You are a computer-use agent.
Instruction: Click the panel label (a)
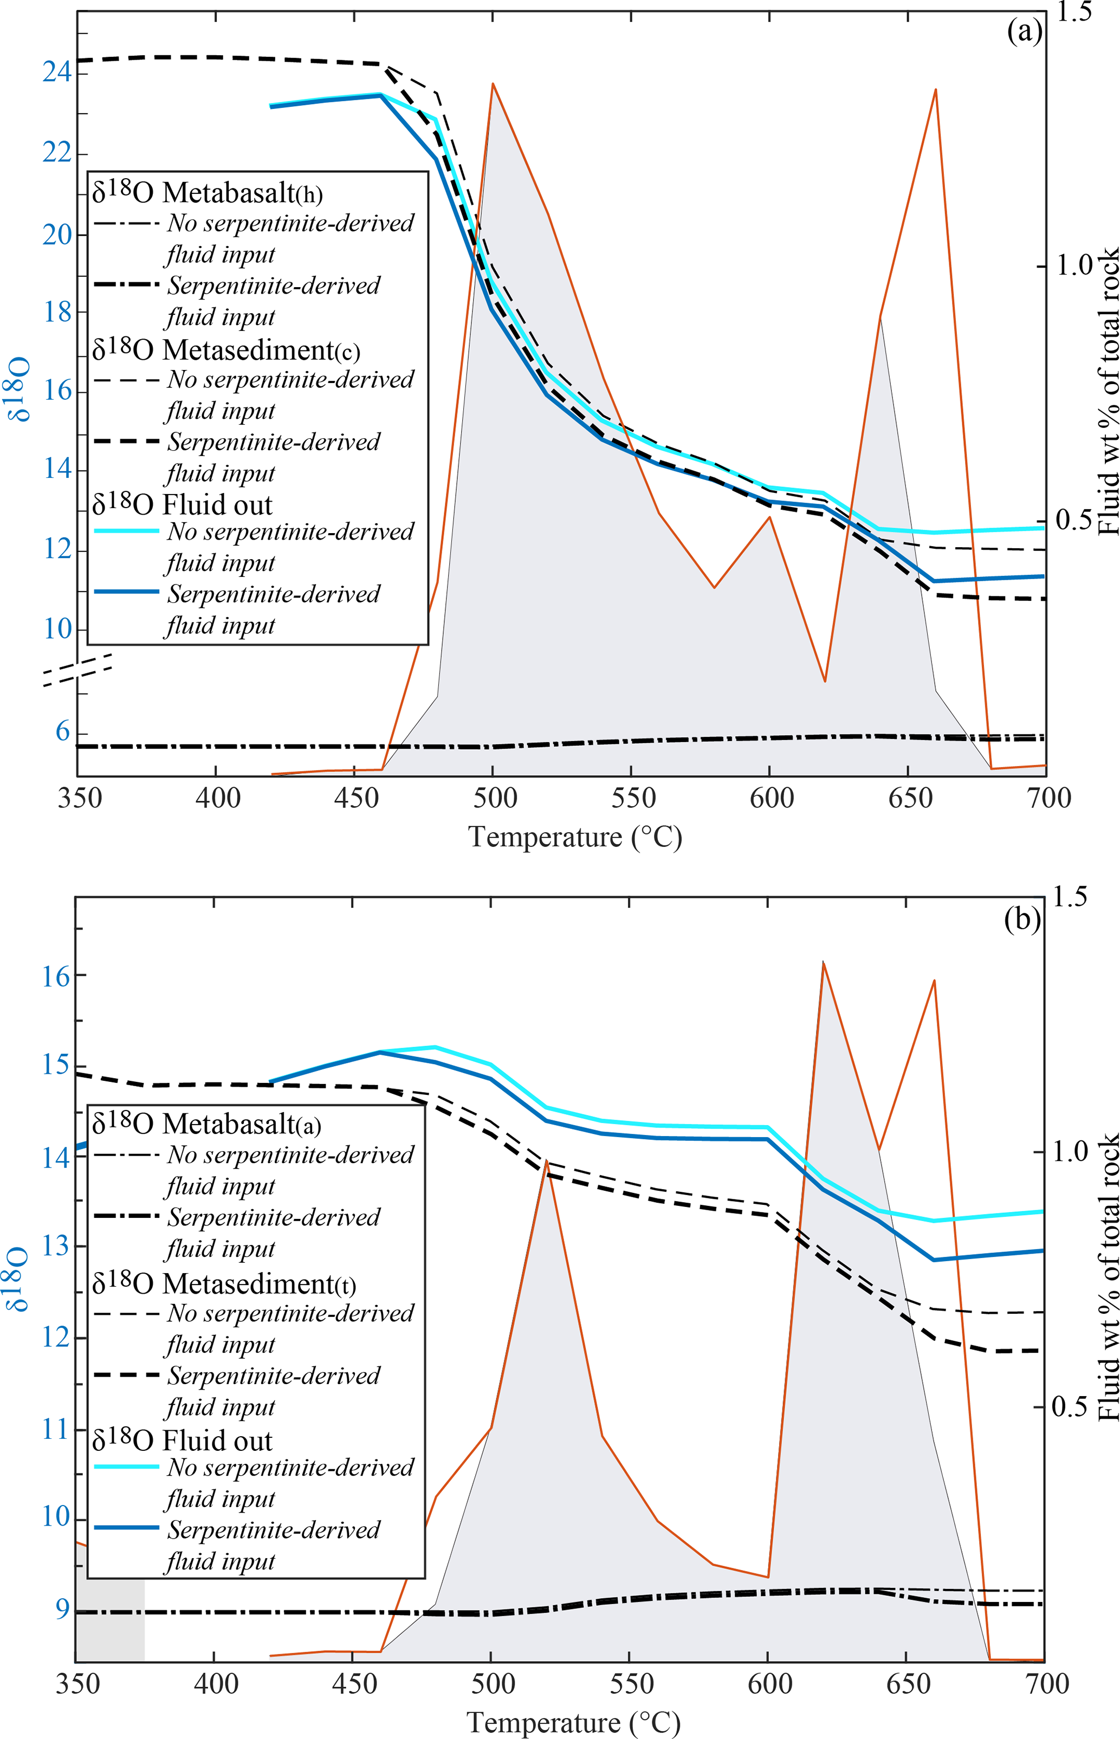[x=1025, y=32]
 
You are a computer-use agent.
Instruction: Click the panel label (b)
[x=1022, y=920]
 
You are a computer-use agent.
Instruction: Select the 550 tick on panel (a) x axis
[x=633, y=798]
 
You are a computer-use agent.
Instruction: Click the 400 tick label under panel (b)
[x=216, y=1684]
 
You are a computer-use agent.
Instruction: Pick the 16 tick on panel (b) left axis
[x=56, y=976]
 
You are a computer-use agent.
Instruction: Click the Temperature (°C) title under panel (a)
[x=574, y=837]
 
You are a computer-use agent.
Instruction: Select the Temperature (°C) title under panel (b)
[x=573, y=1722]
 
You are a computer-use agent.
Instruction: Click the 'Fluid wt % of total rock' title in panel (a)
[x=1108, y=393]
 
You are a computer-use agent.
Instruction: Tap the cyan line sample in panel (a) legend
[x=127, y=531]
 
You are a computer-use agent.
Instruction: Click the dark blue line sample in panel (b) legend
[x=127, y=1527]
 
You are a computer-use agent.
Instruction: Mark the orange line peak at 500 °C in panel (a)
[x=493, y=83]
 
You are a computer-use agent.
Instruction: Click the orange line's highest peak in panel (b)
[x=823, y=962]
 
